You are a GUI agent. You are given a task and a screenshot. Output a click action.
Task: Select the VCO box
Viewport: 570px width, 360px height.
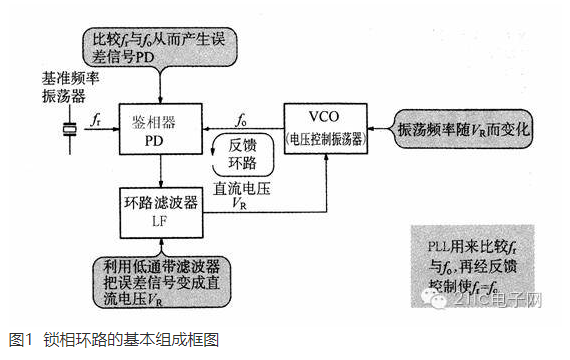pos(326,126)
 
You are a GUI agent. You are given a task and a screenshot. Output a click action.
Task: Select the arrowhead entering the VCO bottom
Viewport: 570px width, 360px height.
pos(326,157)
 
